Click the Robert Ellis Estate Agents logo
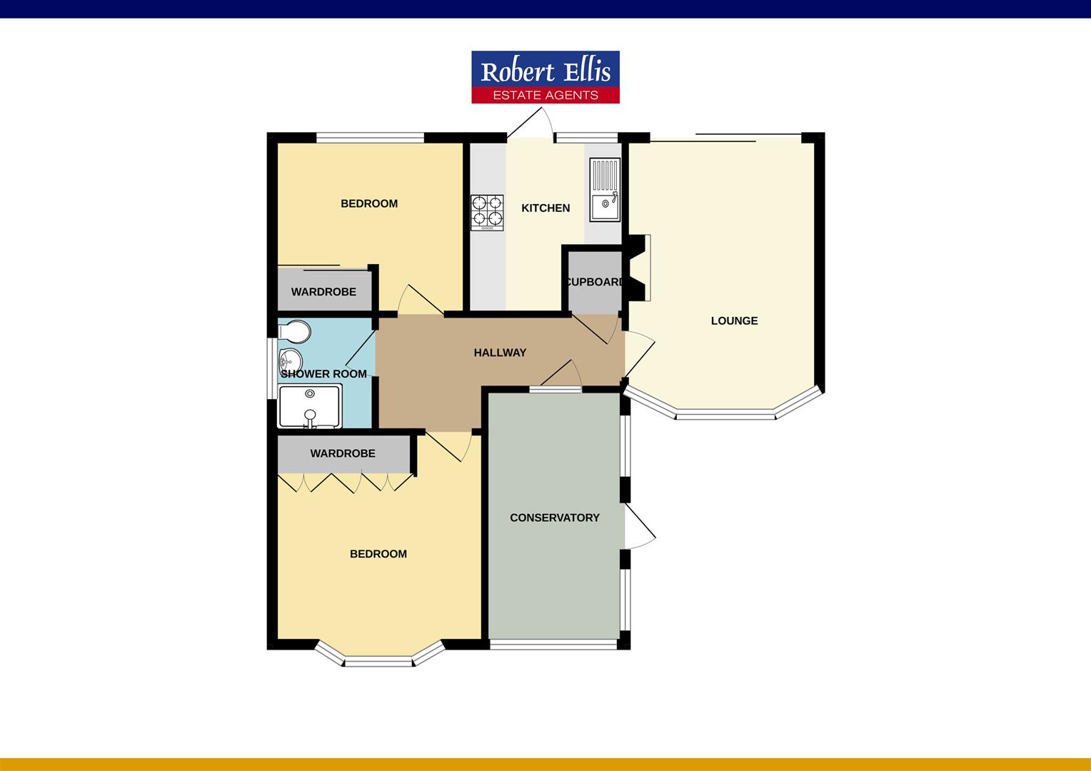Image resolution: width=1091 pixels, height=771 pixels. click(x=545, y=77)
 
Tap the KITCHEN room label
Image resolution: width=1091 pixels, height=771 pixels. click(x=545, y=208)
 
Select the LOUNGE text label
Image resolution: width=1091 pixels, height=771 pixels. click(x=734, y=321)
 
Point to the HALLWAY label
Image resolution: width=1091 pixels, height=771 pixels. click(x=500, y=353)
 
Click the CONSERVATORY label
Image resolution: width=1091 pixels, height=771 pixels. click(x=555, y=518)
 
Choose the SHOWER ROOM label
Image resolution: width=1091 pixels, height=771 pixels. click(x=323, y=374)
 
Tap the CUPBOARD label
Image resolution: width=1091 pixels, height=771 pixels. click(x=595, y=282)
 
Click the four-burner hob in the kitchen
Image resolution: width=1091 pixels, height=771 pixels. click(x=487, y=212)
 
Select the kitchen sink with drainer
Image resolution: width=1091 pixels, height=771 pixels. click(x=605, y=190)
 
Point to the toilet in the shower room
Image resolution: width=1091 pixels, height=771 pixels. click(x=296, y=331)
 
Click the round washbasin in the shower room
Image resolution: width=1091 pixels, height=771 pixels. click(x=291, y=361)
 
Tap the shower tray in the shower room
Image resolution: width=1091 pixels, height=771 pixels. click(x=310, y=407)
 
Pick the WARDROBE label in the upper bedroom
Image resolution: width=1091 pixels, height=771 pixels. click(x=323, y=292)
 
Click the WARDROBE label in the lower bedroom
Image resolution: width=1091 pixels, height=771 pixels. click(x=343, y=453)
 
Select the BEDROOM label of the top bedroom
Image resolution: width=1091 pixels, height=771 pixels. click(x=369, y=203)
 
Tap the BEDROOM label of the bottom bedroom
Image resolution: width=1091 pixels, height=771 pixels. click(x=378, y=554)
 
